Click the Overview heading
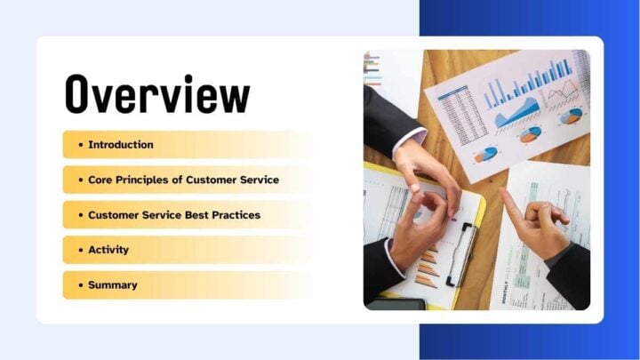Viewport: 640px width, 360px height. click(156, 93)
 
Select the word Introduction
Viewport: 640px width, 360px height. click(121, 145)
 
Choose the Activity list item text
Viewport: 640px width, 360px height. click(108, 250)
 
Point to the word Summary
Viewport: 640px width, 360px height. click(113, 285)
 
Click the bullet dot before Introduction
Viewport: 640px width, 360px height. click(80, 145)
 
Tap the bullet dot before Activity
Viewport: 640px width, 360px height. click(80, 250)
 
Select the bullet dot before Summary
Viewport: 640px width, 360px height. click(80, 285)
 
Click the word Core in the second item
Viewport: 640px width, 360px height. click(100, 180)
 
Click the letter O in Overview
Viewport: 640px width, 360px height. click(83, 93)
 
